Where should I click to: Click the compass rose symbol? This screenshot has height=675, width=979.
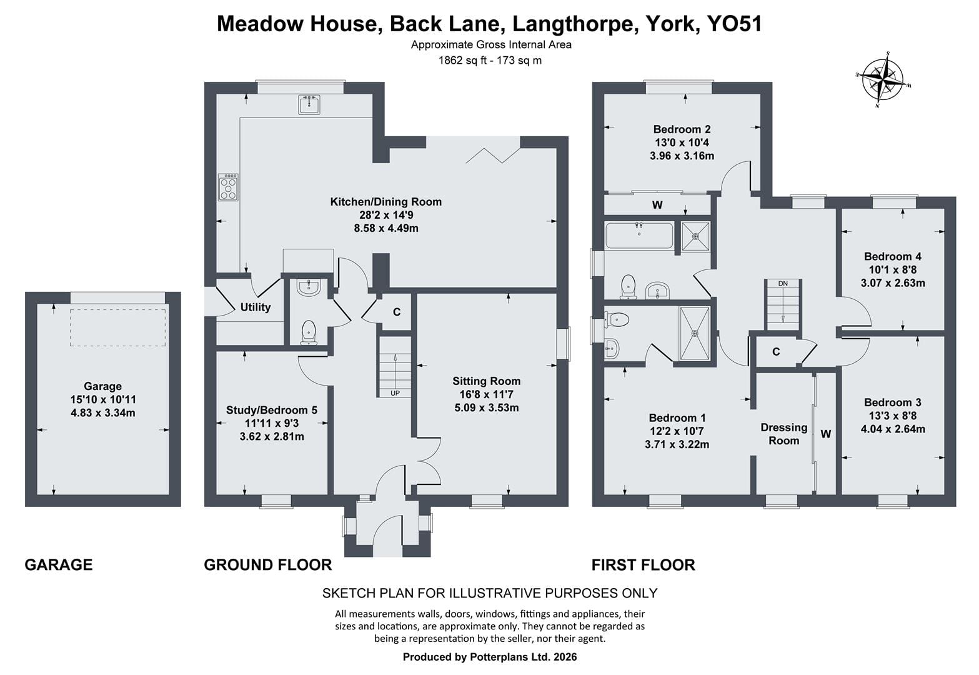tap(883, 80)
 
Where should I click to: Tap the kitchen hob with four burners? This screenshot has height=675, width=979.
tap(228, 187)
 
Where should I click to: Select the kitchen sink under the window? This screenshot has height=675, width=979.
tap(309, 104)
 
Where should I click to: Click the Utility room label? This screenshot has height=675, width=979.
tap(256, 307)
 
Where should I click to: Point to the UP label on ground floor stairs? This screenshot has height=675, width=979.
tap(395, 393)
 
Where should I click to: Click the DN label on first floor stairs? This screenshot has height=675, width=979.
tap(783, 283)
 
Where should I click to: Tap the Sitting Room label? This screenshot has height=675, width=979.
tap(487, 381)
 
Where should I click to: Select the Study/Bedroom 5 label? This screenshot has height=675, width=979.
tap(271, 410)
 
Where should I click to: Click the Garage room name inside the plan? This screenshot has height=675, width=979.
tap(102, 386)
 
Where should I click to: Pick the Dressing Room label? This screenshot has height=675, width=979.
tap(784, 434)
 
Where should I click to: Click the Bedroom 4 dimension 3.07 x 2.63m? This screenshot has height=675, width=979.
tap(893, 283)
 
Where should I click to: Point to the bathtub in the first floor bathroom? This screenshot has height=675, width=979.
tap(639, 236)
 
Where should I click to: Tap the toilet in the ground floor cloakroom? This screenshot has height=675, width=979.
tap(309, 332)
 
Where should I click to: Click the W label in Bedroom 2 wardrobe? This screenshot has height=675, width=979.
tap(657, 205)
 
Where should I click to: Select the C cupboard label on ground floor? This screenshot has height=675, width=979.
tap(396, 312)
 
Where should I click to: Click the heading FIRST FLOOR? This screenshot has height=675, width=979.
tap(644, 565)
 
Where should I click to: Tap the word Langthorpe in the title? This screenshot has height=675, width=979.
tap(573, 24)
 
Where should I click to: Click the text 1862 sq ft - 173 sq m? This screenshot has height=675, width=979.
tap(490, 61)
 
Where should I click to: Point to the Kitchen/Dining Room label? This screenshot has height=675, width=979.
tap(386, 202)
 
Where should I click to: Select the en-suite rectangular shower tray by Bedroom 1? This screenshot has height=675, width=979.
tap(695, 334)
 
